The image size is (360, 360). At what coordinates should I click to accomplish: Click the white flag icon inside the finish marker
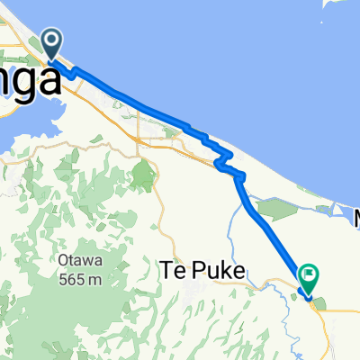coord(309,274)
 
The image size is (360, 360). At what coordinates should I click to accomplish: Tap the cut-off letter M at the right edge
coord(355,219)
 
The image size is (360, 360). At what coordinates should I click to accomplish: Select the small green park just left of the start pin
coord(36,45)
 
